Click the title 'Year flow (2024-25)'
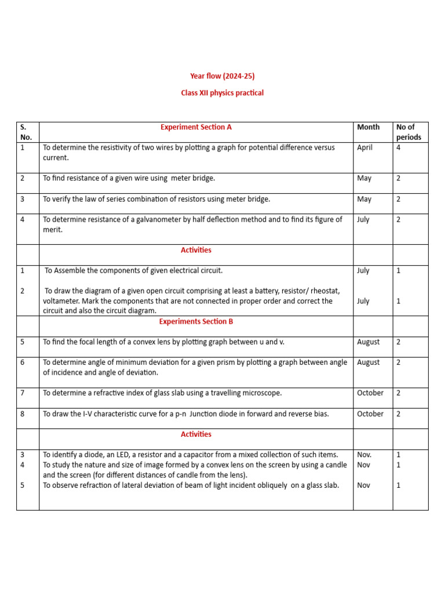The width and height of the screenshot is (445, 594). pos(222,76)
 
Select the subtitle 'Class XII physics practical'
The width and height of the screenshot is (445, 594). pos(222,93)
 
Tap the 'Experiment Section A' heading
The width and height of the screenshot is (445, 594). pos(196,127)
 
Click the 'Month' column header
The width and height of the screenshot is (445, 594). pos(369,127)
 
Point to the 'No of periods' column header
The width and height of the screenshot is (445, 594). pos(408,132)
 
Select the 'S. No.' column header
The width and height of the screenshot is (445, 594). pos(26,132)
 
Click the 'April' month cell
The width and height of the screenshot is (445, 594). pos(364,147)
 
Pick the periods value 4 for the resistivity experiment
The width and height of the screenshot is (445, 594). pos(399,147)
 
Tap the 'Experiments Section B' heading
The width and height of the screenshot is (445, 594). pos(196,321)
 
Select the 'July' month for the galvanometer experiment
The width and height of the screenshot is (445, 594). pos(363,219)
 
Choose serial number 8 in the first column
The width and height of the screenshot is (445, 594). pos(23,414)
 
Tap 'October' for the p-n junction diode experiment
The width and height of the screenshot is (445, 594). pos(370,414)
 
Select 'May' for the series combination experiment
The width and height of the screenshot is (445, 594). pos(364,199)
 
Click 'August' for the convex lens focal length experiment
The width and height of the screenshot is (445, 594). pos(368,342)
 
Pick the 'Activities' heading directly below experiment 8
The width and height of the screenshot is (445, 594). pos(196,434)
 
